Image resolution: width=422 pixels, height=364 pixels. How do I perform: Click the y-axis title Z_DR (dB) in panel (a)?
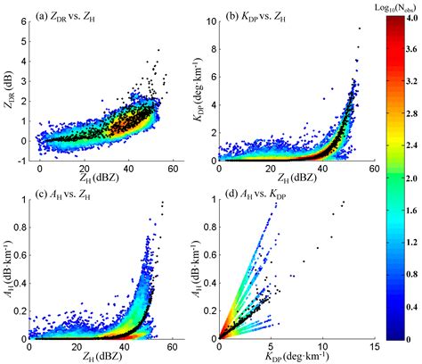[x=10, y=89]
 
